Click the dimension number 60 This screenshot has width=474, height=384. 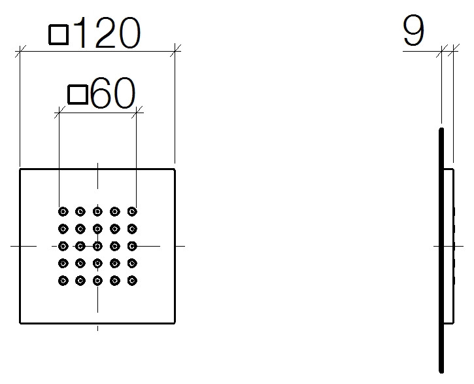coord(112,93)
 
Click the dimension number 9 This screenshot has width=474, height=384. coord(414,31)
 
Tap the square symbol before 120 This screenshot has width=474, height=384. coord(59,35)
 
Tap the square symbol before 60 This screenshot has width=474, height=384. coord(78,95)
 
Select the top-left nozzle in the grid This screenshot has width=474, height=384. coord(63,211)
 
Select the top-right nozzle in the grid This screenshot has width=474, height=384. coord(132,211)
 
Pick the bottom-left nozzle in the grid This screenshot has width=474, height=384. coord(63,281)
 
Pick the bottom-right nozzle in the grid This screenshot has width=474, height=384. coord(132,281)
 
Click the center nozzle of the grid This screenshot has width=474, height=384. coord(97,246)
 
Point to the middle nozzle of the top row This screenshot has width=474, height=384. coord(97,211)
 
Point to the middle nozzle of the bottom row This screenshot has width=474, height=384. coord(97,281)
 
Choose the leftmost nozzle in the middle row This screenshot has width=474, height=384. coord(63,246)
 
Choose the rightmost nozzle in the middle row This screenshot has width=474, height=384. coord(132,246)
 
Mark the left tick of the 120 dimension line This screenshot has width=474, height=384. coord(20,52)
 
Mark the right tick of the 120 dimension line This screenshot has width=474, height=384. coord(175,52)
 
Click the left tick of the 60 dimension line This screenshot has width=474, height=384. coord(59,113)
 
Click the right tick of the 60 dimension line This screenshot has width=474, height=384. coord(137,113)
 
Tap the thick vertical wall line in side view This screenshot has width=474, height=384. coord(441,251)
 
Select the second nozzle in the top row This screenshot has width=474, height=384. coord(80,211)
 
